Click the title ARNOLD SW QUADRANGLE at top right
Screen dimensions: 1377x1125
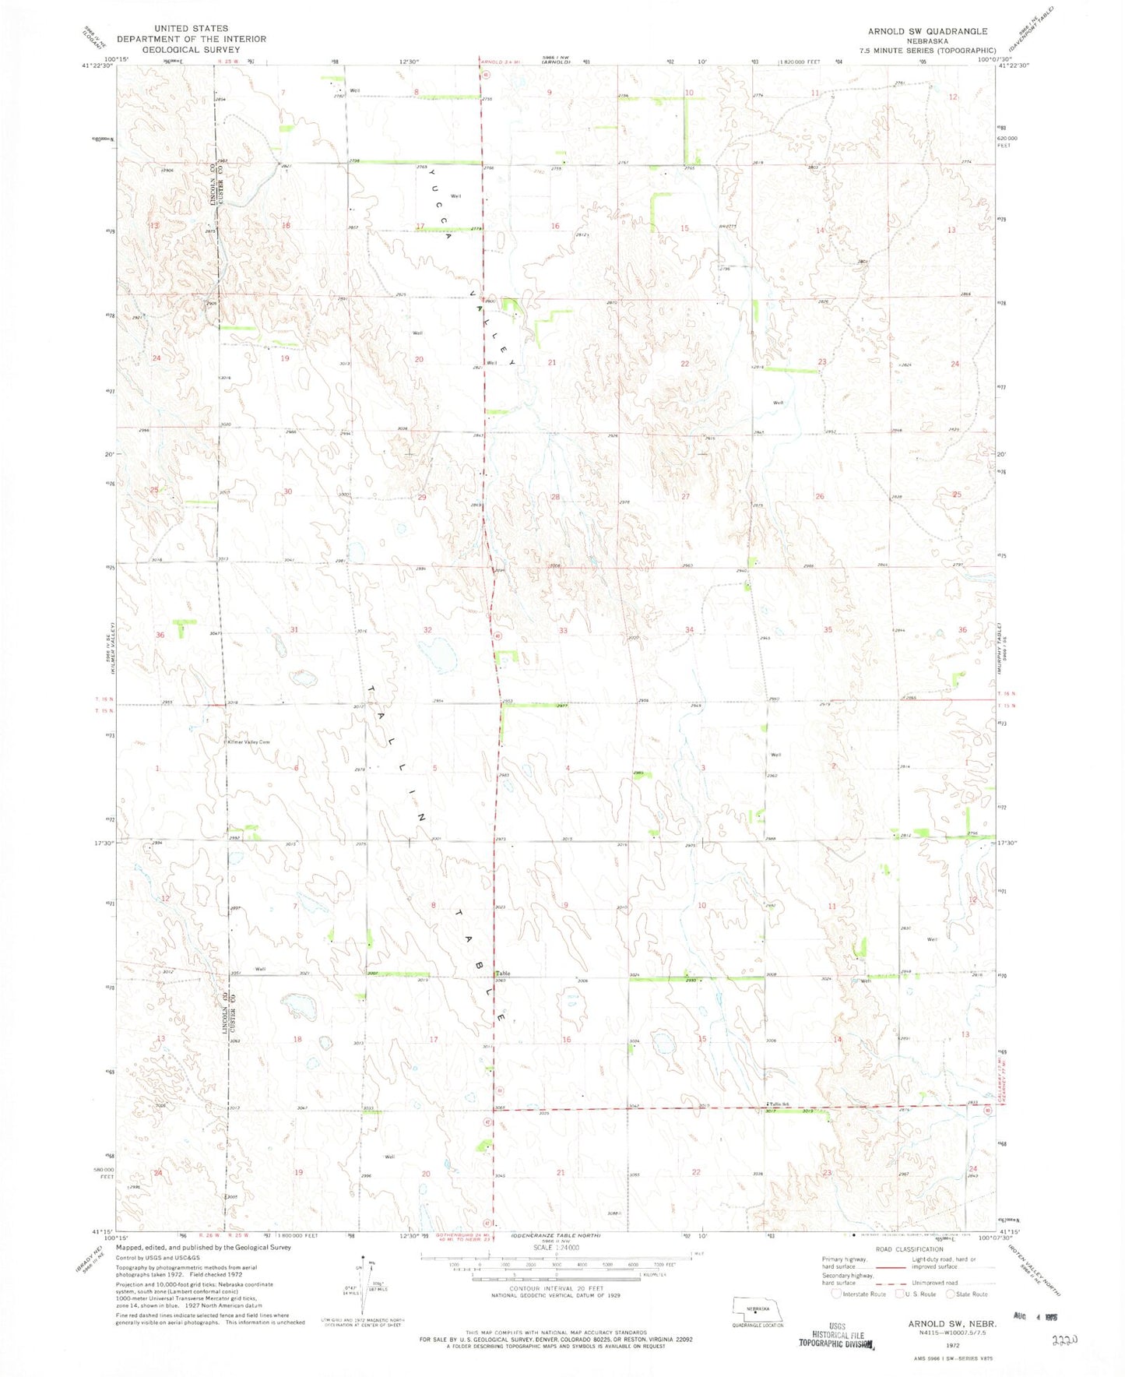coord(927,31)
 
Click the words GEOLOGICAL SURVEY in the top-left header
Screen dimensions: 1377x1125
coord(192,49)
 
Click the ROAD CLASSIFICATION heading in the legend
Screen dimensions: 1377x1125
coord(908,1249)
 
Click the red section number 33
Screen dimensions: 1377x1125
coord(563,630)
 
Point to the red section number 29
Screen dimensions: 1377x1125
coord(422,497)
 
